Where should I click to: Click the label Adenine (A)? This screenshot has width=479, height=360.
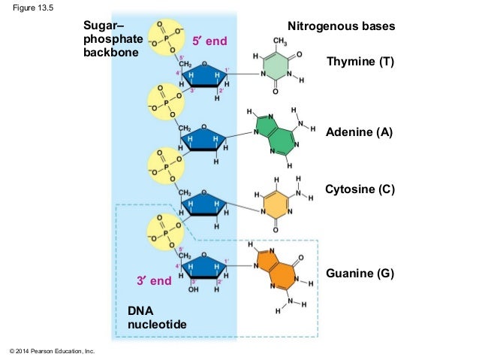(x=360, y=133)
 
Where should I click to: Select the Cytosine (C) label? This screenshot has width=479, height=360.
(x=360, y=190)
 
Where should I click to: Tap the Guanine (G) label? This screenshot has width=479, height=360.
(x=360, y=275)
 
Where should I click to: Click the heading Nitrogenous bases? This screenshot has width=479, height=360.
(x=341, y=27)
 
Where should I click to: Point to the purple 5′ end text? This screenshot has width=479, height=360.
(x=209, y=40)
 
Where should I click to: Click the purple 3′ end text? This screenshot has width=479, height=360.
(x=154, y=281)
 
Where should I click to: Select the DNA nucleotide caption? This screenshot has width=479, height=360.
(x=156, y=316)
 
